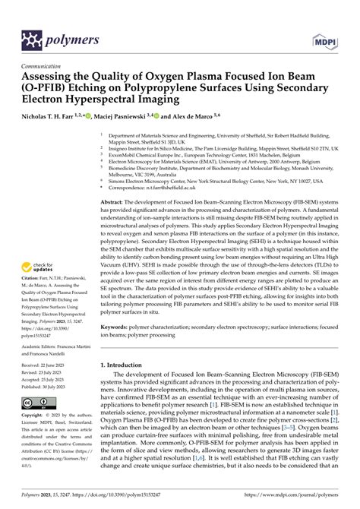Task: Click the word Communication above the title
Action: pos(44,66)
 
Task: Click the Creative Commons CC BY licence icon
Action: pos(36,402)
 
